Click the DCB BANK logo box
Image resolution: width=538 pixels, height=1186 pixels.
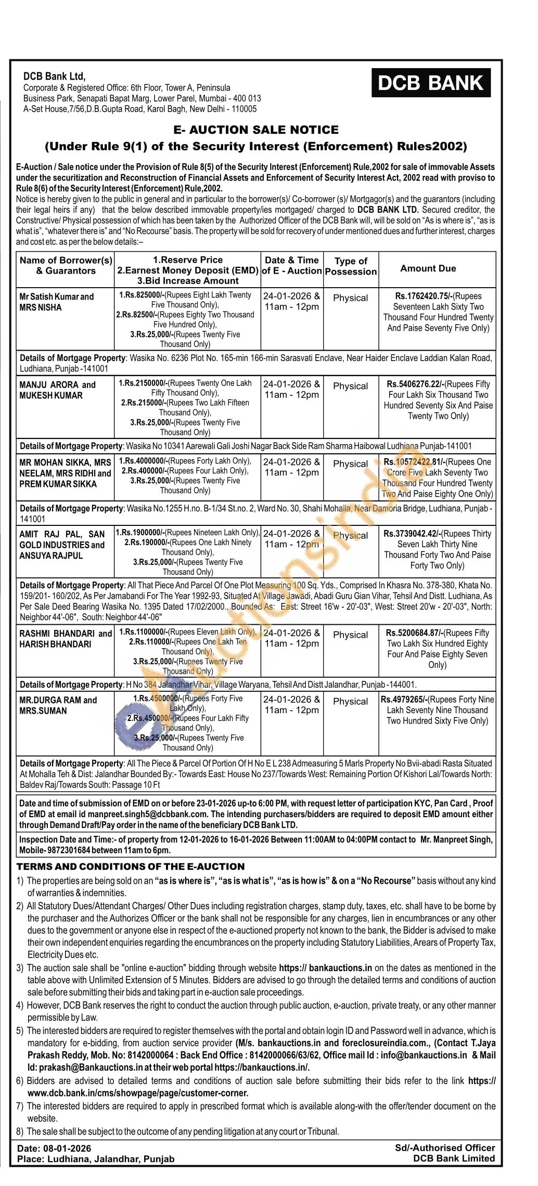tap(431, 83)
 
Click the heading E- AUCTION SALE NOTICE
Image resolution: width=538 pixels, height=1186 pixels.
tap(255, 130)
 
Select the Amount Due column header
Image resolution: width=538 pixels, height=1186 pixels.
tap(428, 268)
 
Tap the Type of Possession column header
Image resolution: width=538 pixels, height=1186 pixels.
tap(351, 266)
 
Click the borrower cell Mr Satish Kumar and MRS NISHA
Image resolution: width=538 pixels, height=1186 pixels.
tap(56, 302)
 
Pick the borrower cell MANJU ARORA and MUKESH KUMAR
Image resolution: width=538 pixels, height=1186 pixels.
tap(57, 390)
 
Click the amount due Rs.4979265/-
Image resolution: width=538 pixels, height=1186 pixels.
tap(404, 699)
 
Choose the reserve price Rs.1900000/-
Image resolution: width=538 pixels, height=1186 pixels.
tap(140, 532)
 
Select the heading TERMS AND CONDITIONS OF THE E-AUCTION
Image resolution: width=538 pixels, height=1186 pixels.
tap(130, 866)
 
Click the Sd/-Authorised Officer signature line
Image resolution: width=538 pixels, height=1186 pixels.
tap(445, 1148)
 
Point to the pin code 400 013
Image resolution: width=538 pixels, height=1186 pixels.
tap(247, 98)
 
